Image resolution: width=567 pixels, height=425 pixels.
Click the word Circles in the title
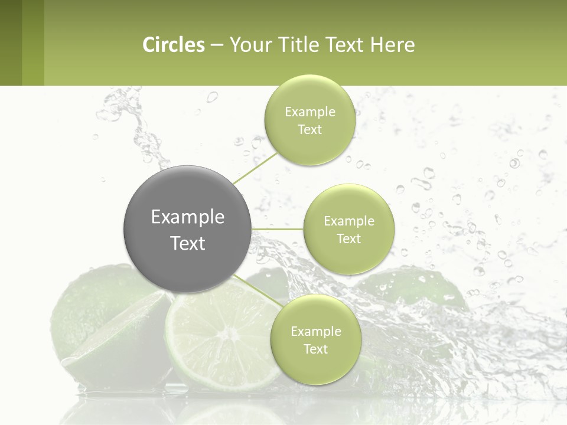(x=174, y=45)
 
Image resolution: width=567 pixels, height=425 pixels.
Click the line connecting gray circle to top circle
(x=256, y=168)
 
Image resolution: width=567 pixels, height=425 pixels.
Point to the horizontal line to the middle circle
(x=278, y=229)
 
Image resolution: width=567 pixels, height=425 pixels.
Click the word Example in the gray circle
(x=188, y=217)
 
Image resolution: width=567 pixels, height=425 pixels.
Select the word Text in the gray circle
(x=188, y=243)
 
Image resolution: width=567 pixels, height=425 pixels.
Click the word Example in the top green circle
(x=309, y=112)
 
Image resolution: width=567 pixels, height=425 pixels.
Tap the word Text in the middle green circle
(x=348, y=239)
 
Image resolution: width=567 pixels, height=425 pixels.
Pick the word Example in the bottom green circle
(x=315, y=332)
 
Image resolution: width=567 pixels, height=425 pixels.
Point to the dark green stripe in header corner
(x=11, y=42)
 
